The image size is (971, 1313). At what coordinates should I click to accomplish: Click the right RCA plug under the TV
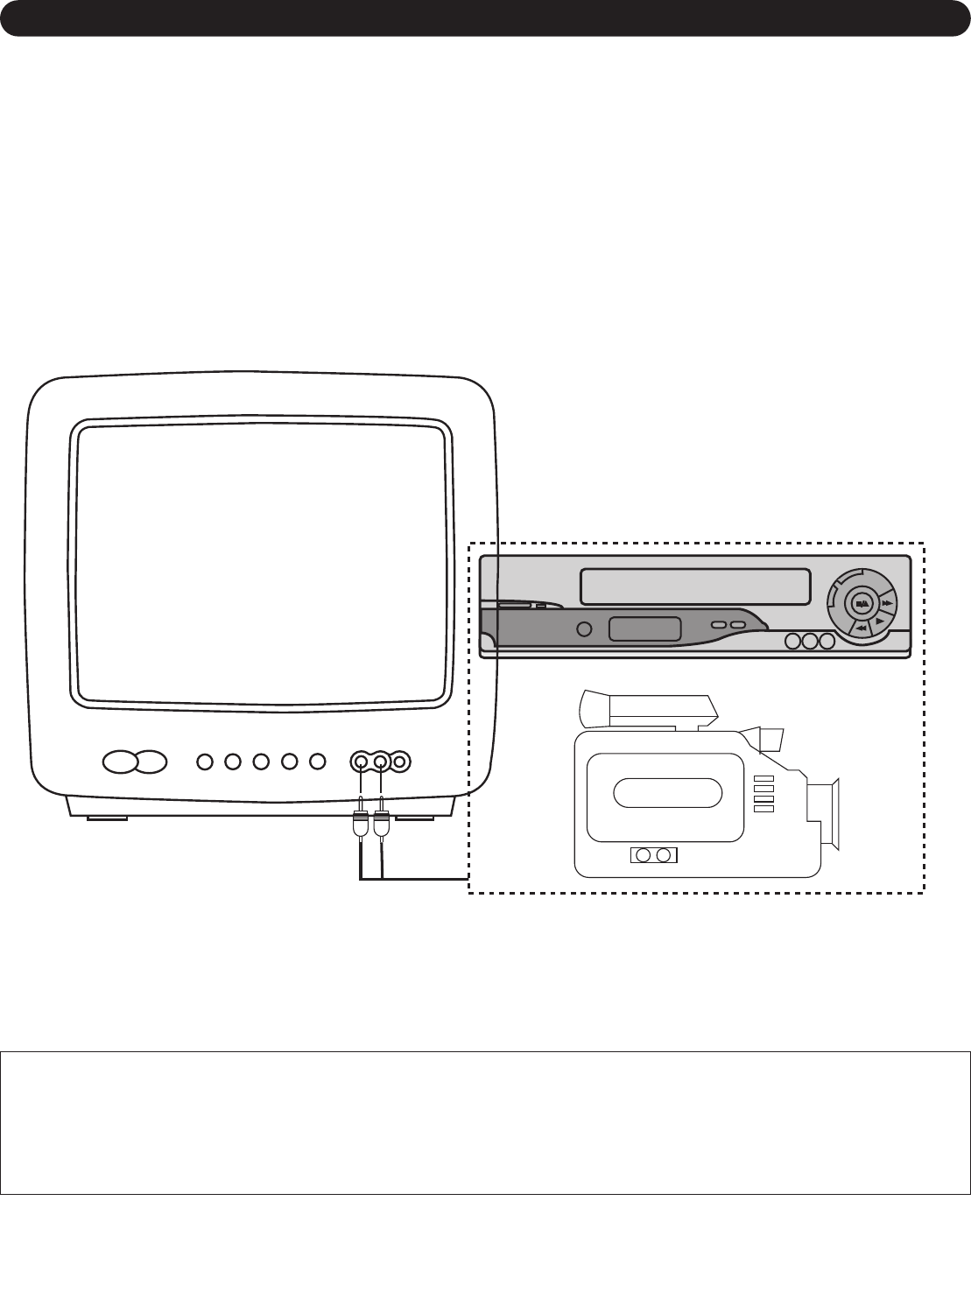pyautogui.click(x=382, y=824)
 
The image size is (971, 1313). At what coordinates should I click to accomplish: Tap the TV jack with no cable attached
pyautogui.click(x=400, y=762)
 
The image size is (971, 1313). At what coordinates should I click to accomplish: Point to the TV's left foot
pyautogui.click(x=107, y=818)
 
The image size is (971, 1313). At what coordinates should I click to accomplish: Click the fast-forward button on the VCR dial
pyautogui.click(x=887, y=603)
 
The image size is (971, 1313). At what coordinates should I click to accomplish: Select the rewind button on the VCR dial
pyautogui.click(x=862, y=628)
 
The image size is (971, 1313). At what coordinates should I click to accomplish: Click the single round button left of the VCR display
pyautogui.click(x=585, y=628)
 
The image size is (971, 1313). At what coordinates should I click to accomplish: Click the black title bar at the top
pyautogui.click(x=485, y=18)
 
